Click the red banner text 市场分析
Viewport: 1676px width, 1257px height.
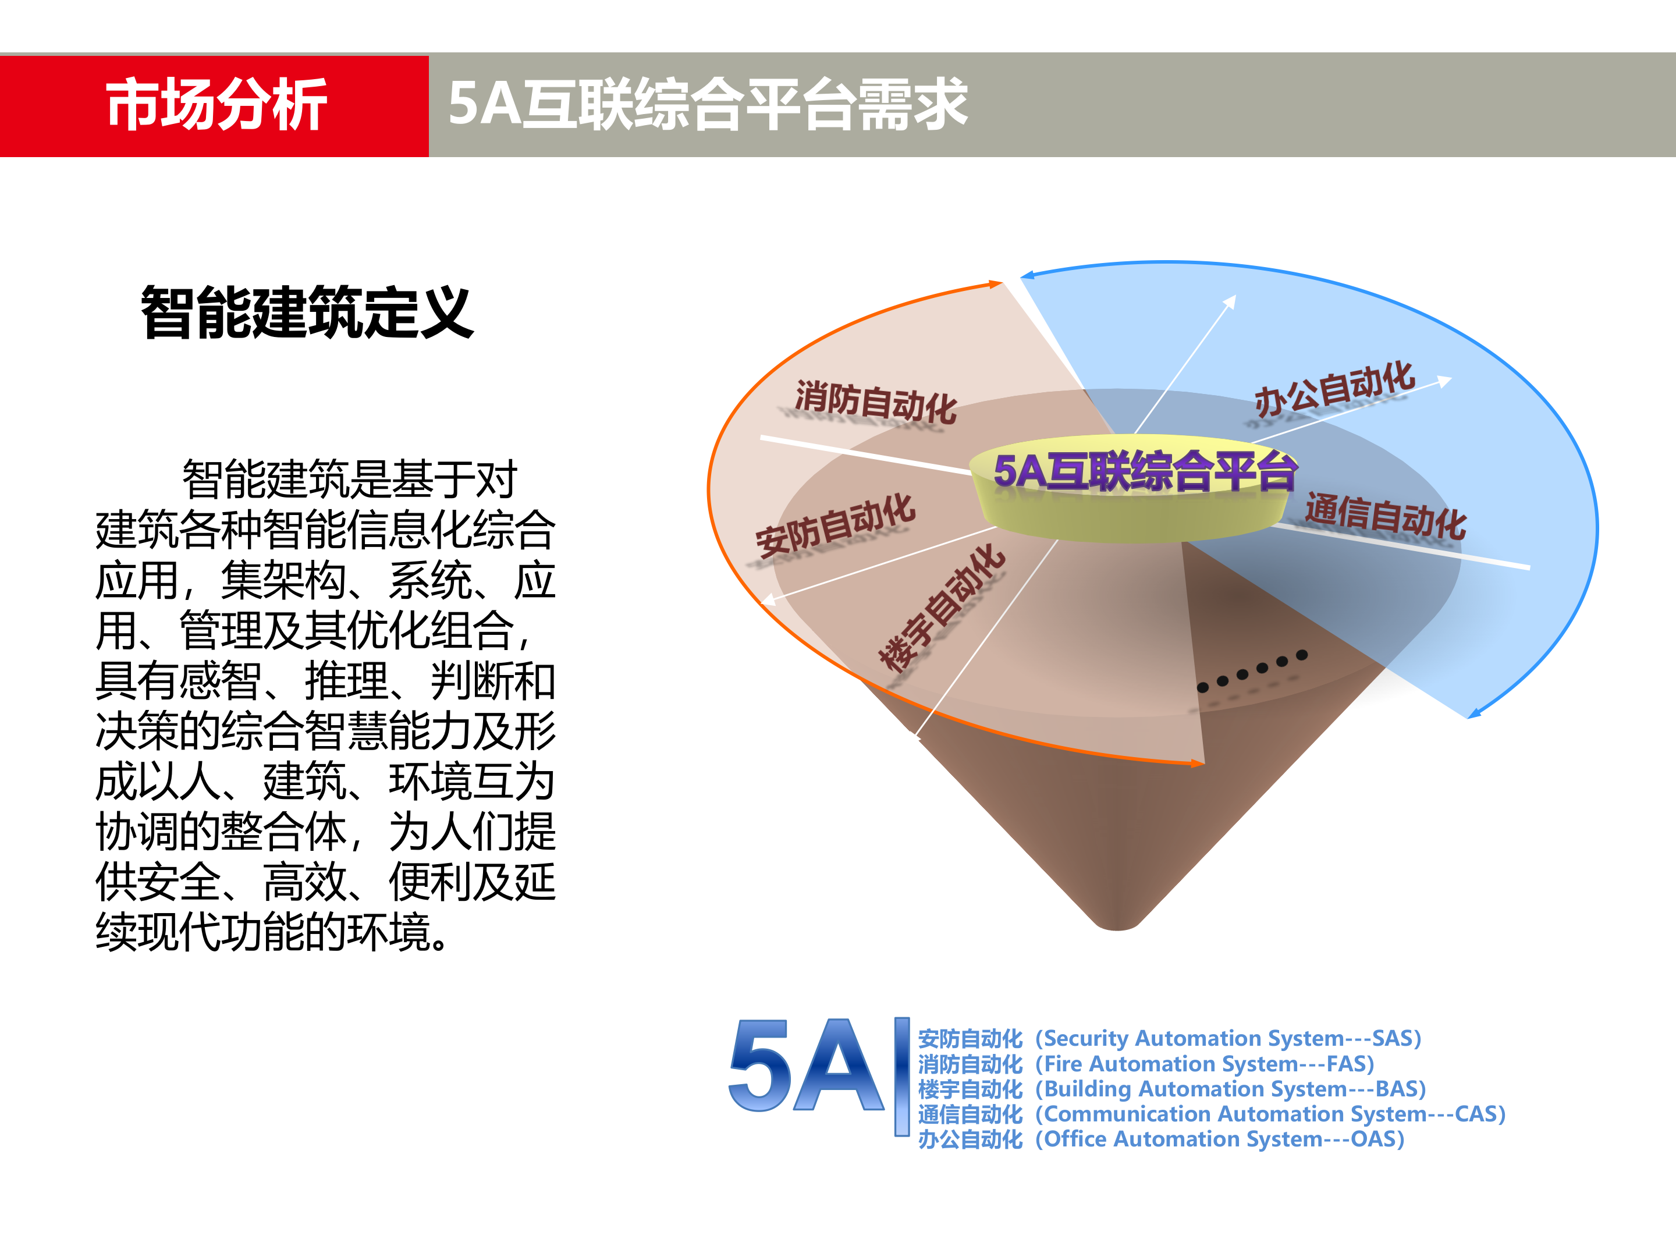pos(216,105)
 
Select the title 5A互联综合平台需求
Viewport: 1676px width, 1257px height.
pos(707,105)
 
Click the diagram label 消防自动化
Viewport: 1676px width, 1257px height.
pos(875,402)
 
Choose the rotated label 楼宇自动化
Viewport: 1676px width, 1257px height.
pos(941,608)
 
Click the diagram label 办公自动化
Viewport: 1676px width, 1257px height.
pos(1334,389)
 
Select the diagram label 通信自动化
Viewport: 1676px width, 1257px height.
pos(1385,517)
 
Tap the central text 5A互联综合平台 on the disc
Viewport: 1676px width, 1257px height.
pos(1144,471)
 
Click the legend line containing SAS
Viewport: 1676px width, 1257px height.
pos(1169,1038)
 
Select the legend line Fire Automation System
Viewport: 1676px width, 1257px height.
pos(1146,1064)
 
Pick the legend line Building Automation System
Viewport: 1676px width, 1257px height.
pos(1171,1089)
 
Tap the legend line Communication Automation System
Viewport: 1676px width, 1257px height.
pos(1211,1114)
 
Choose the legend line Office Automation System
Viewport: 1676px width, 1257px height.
pos(1161,1139)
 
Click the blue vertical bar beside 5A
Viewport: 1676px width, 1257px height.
pos(901,1076)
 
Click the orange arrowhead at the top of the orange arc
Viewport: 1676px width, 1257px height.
pos(996,284)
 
